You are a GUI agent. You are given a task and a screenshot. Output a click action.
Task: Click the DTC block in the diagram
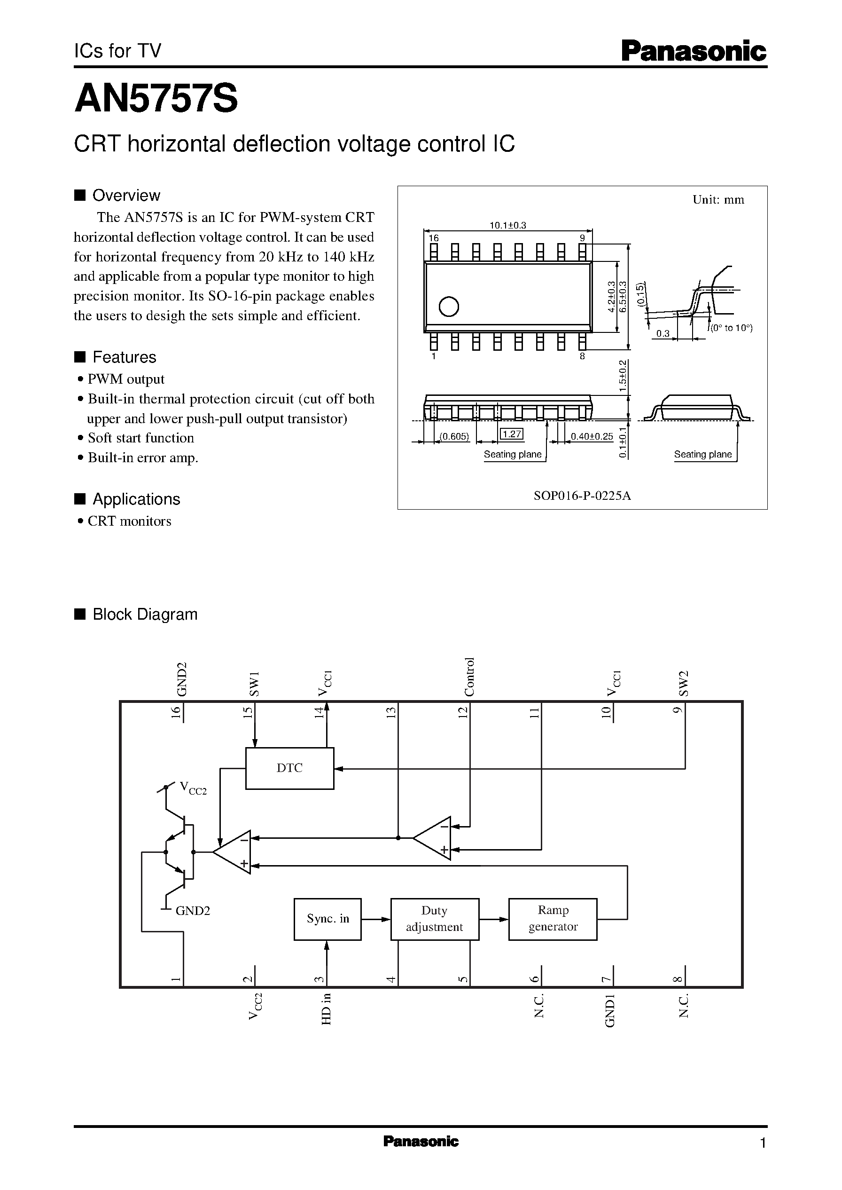tap(289, 768)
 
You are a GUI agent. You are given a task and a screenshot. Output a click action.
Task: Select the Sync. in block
tap(327, 919)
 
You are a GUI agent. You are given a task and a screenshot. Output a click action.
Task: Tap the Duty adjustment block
tap(434, 919)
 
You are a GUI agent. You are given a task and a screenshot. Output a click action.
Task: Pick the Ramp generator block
tap(553, 918)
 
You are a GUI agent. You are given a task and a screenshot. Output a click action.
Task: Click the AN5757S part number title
tap(156, 99)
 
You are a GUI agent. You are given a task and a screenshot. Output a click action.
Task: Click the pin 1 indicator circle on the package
tap(448, 307)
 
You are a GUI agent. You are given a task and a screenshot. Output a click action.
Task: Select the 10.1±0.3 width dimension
tap(507, 225)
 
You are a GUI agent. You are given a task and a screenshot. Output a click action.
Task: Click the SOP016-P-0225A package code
tap(582, 496)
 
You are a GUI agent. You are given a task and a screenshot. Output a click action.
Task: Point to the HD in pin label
tap(326, 1009)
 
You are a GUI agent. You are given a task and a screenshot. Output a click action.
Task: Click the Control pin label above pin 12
tap(469, 677)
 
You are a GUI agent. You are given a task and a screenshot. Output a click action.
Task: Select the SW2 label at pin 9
tap(684, 683)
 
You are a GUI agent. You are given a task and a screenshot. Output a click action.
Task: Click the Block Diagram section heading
tap(145, 614)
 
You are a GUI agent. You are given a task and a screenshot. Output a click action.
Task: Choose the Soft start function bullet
tap(140, 438)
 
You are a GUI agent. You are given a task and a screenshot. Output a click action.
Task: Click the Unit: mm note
tap(718, 200)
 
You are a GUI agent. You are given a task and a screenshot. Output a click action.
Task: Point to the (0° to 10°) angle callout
tap(731, 328)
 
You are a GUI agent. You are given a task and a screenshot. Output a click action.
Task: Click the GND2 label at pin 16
tap(181, 679)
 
